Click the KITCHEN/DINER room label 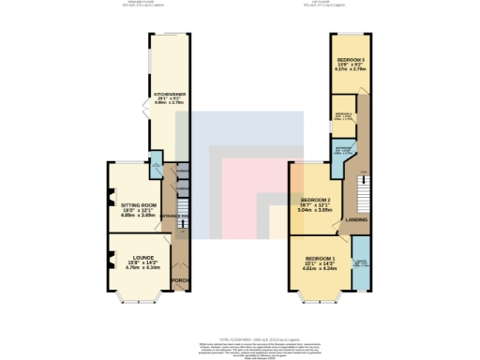(165, 95)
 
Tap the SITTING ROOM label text (130, 203)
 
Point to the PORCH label (180, 280)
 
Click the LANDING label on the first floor (356, 221)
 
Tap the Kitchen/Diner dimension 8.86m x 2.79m (165, 105)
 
